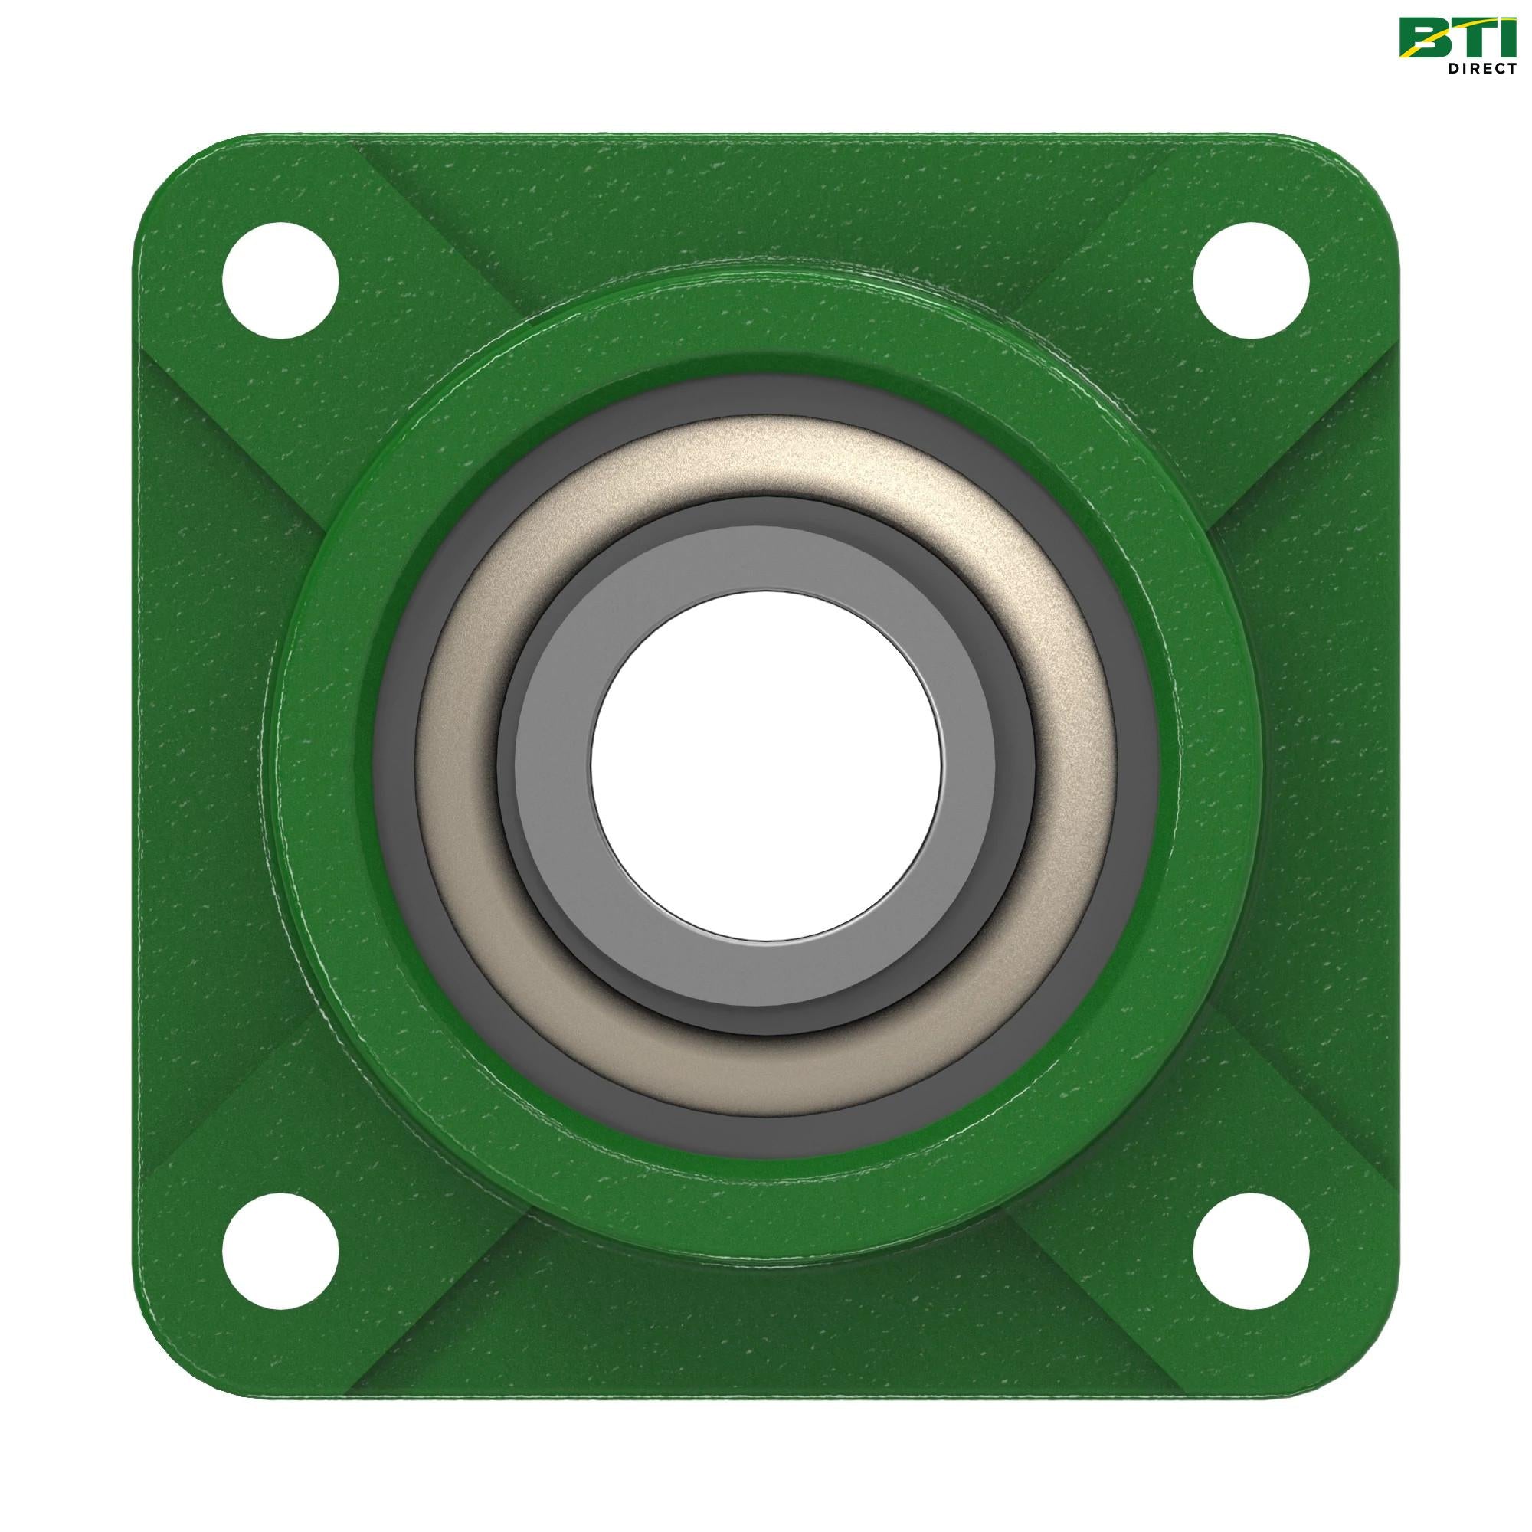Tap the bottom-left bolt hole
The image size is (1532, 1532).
[280, 1252]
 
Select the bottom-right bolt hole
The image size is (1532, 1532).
[1252, 1252]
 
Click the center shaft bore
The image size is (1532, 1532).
[766, 765]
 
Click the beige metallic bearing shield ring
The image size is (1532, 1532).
[766, 460]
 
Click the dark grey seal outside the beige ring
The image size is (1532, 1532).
[766, 397]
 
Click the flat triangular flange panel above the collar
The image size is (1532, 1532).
[766, 206]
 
